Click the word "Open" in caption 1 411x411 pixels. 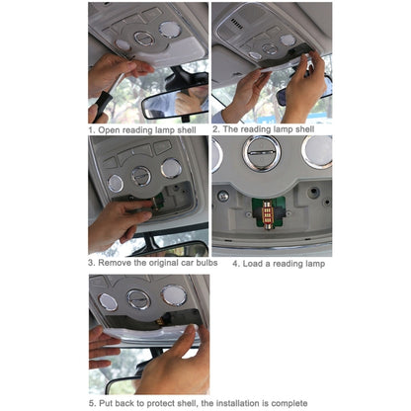(x=109, y=130)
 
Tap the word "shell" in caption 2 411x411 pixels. (x=304, y=129)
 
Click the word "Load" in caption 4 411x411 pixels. (x=253, y=264)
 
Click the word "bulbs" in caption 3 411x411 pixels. (x=206, y=263)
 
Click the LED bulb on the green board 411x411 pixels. (x=268, y=213)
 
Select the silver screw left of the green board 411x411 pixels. (x=223, y=197)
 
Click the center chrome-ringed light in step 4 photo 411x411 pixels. (x=262, y=153)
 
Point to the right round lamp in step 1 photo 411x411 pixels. (x=170, y=30)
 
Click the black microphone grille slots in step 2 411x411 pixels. (x=236, y=24)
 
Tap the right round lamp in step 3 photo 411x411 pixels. (x=171, y=168)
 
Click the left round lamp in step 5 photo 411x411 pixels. (x=108, y=302)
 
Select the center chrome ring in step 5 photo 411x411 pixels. (x=138, y=299)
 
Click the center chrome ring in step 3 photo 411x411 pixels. (x=141, y=176)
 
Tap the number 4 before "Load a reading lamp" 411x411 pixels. (x=235, y=264)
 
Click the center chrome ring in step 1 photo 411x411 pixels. (x=144, y=39)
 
